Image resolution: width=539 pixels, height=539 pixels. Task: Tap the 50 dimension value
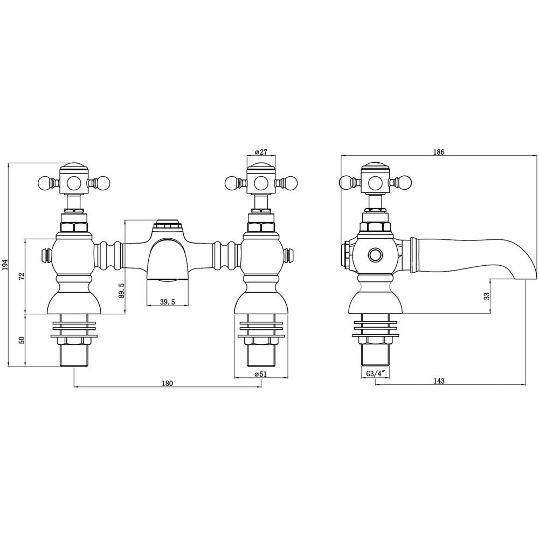point(22,340)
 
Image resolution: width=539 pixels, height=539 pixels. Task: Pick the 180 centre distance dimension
point(168,383)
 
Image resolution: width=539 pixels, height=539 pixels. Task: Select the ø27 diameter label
point(261,151)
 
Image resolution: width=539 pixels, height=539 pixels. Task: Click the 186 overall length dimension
point(439,151)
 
